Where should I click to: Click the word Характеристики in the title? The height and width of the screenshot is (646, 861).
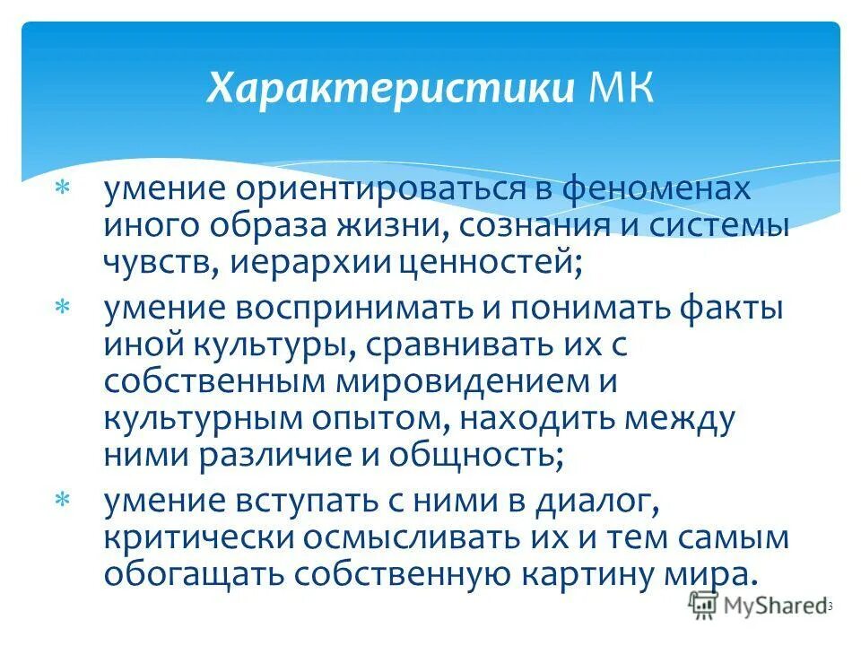(x=391, y=90)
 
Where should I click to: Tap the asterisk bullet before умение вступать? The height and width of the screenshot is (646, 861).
(x=64, y=500)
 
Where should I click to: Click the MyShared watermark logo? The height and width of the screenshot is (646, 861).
(x=758, y=606)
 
